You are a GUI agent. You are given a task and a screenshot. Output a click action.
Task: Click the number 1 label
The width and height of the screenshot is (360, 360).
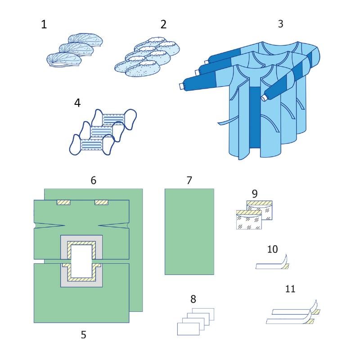(44, 24)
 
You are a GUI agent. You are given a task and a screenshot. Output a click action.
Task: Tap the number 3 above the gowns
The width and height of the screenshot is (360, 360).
(280, 24)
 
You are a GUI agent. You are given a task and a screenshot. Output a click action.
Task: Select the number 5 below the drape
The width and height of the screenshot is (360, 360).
(84, 335)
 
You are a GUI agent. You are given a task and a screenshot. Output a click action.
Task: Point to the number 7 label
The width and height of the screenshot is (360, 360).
(189, 180)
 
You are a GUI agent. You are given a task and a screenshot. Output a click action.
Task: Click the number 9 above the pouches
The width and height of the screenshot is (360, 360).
(255, 194)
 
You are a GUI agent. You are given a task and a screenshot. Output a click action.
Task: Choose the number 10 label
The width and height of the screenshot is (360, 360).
(273, 249)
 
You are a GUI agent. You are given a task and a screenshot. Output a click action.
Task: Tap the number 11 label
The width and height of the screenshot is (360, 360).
(290, 288)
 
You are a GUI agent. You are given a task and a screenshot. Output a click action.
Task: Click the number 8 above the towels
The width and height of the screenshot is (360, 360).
(193, 299)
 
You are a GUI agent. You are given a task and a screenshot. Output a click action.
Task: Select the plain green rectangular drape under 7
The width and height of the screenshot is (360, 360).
(189, 232)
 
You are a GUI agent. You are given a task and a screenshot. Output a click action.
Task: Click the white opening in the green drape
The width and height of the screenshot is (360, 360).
(81, 261)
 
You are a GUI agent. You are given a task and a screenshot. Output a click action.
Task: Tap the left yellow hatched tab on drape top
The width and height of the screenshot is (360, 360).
(63, 202)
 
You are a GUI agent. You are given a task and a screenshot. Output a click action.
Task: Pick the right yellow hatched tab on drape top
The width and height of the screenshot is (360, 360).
(101, 202)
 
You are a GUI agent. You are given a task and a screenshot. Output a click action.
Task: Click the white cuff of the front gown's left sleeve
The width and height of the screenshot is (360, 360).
(182, 86)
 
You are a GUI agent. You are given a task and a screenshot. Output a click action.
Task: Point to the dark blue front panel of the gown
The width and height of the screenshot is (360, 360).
(255, 117)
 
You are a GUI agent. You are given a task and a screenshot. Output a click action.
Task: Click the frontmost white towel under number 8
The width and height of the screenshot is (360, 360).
(188, 329)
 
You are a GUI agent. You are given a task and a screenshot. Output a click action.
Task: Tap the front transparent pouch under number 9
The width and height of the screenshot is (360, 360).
(249, 220)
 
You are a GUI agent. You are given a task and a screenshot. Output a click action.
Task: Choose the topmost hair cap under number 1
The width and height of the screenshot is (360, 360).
(85, 40)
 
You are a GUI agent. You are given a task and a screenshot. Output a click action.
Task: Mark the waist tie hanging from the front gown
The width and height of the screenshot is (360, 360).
(224, 123)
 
